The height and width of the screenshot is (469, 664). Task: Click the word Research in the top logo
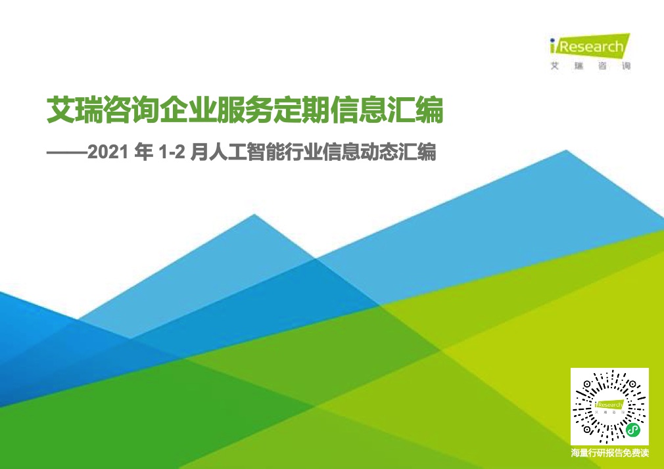coord(592,46)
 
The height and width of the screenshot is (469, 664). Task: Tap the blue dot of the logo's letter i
coord(552,40)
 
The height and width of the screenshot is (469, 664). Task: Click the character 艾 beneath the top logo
coord(555,66)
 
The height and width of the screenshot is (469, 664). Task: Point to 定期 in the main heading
coord(302,110)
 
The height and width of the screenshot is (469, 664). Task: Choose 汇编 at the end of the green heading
coord(415,110)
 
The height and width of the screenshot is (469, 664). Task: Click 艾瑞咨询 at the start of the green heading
coord(103,110)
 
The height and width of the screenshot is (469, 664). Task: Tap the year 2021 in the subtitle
coord(108,152)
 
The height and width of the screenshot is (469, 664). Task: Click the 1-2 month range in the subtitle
coord(172,152)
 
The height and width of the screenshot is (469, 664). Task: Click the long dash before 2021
coord(66,153)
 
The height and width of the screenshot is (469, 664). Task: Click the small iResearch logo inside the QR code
coord(609,405)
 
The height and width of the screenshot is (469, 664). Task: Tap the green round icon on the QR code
coord(633,430)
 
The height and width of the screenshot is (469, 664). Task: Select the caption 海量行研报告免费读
coord(610,453)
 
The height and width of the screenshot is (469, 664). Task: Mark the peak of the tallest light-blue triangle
coord(566,150)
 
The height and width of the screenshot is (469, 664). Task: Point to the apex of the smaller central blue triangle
coord(254,215)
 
